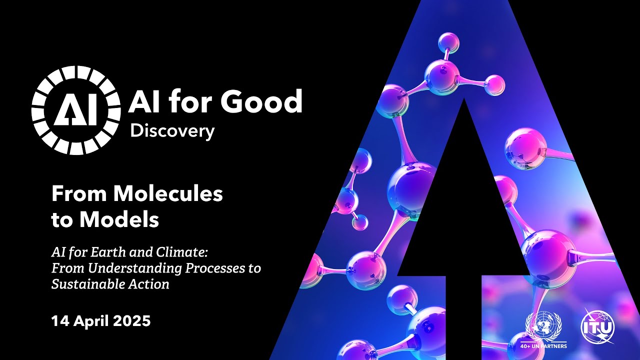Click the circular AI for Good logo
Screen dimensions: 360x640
tap(76, 110)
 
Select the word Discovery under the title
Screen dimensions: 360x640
tap(172, 131)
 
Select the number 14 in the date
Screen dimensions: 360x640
tap(59, 320)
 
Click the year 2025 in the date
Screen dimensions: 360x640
tap(130, 320)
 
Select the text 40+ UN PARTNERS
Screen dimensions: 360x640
tap(543, 345)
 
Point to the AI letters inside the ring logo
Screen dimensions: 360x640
tap(76, 110)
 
